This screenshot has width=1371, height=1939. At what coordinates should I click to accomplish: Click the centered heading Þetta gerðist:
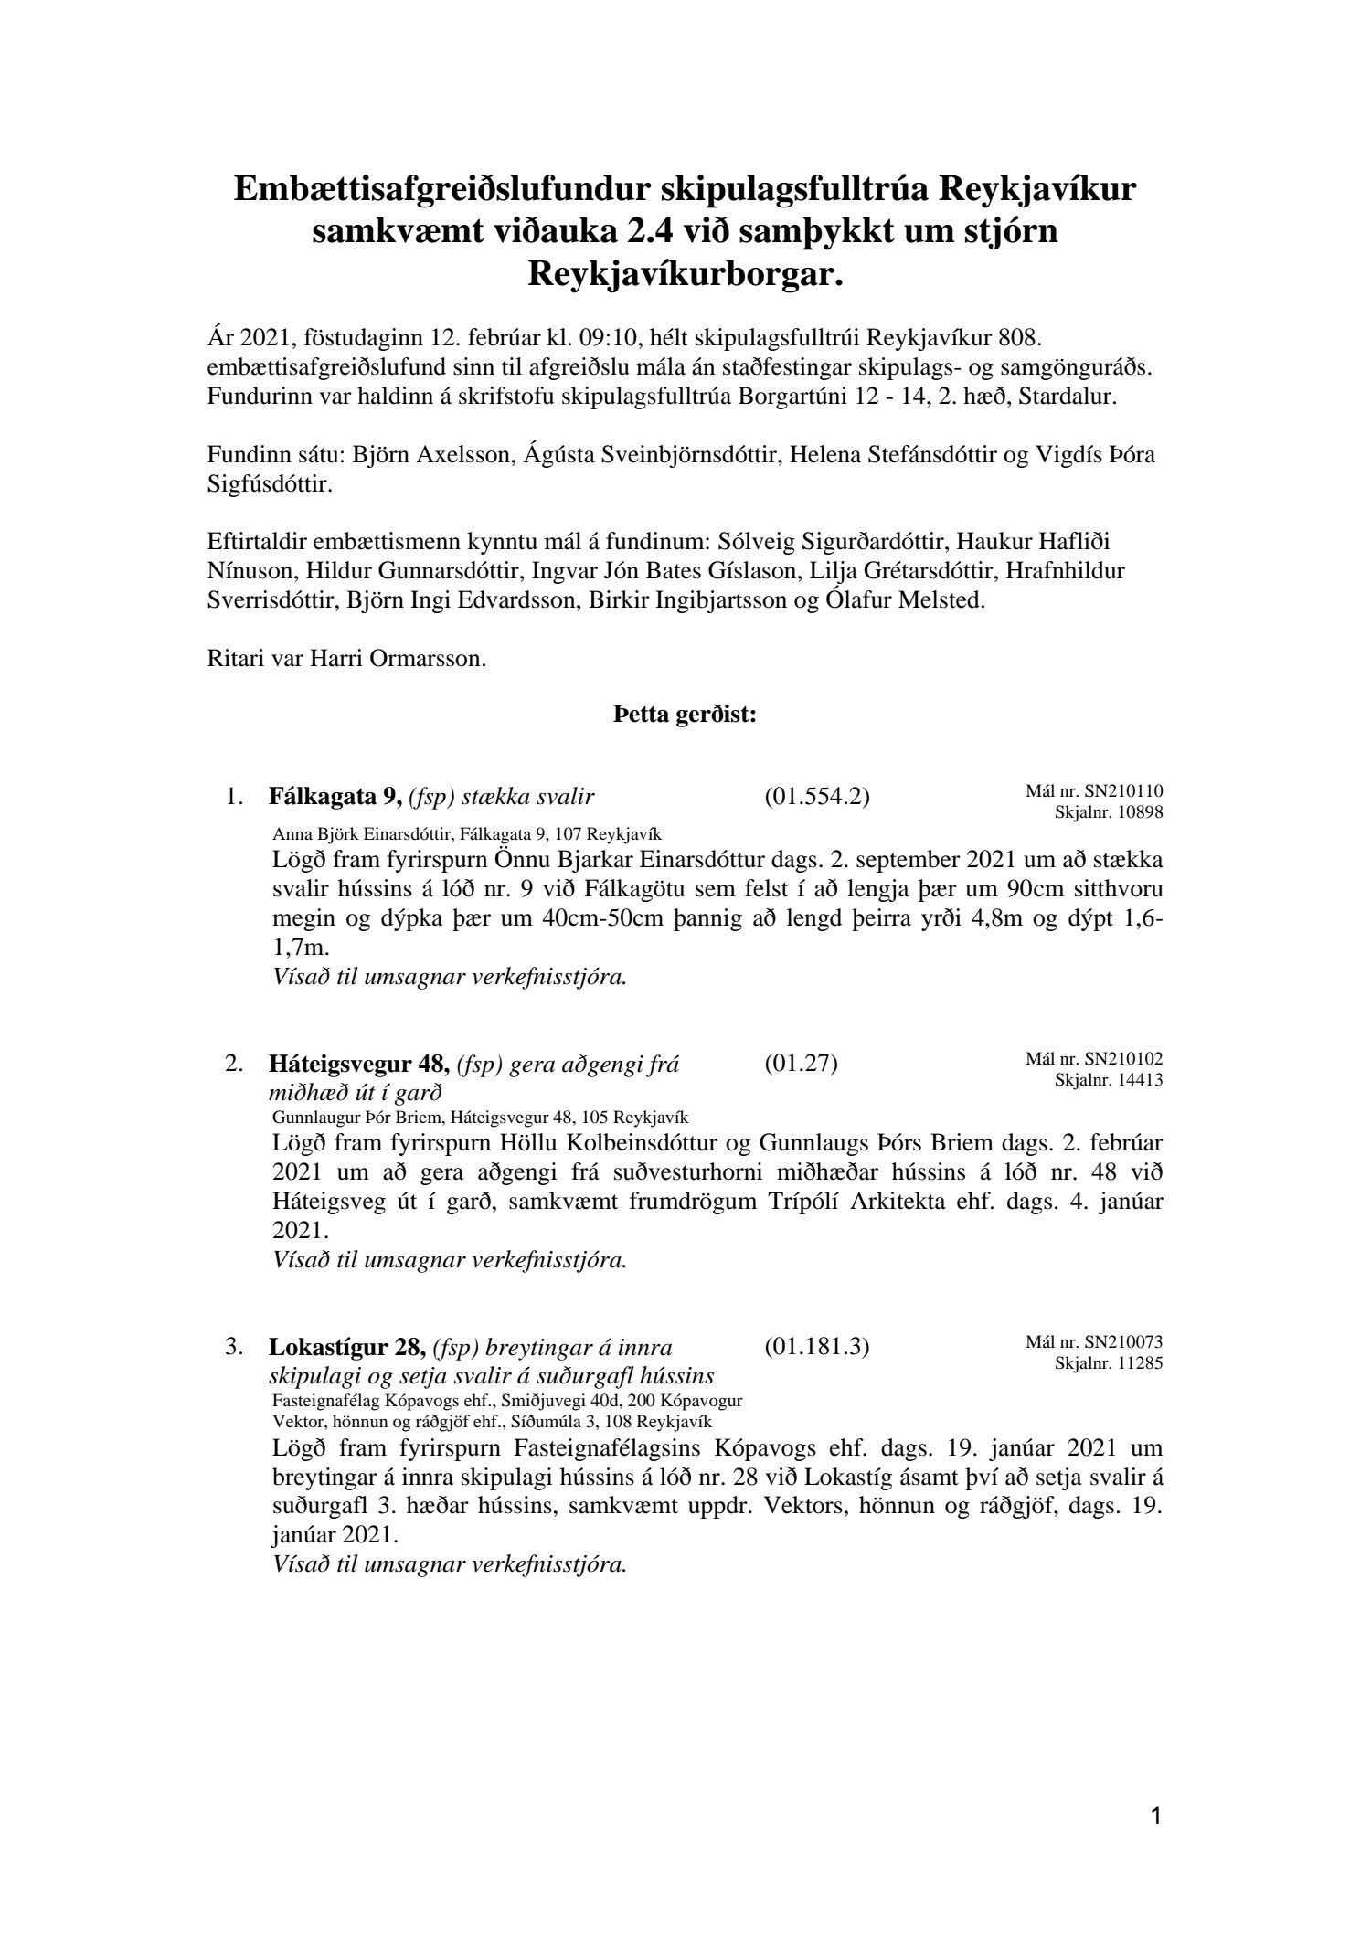tap(685, 715)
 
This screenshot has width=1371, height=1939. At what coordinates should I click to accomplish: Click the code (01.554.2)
tap(816, 797)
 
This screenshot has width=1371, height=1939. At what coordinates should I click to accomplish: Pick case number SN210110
tap(1123, 791)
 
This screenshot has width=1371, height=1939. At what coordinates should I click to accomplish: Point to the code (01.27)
tap(801, 1064)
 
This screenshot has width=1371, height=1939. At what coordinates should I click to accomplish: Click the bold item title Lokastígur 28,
tap(347, 1347)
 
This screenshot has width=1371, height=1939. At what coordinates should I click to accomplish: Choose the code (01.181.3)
tap(816, 1347)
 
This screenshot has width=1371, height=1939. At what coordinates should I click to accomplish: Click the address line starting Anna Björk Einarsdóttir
tap(467, 834)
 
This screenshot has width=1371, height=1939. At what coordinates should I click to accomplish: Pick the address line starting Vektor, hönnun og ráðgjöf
tap(493, 1422)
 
